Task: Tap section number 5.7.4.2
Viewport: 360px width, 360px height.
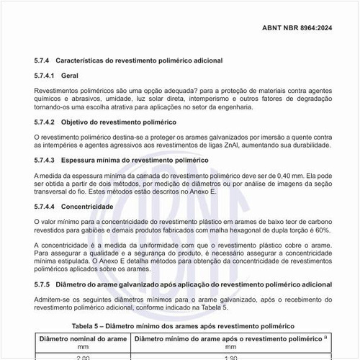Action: [48, 122]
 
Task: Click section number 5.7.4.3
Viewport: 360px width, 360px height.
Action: [48, 159]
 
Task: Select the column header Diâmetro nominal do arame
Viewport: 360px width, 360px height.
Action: [84, 337]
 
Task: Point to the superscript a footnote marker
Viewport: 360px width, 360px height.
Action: [326, 336]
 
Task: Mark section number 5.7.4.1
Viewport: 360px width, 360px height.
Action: [48, 75]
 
